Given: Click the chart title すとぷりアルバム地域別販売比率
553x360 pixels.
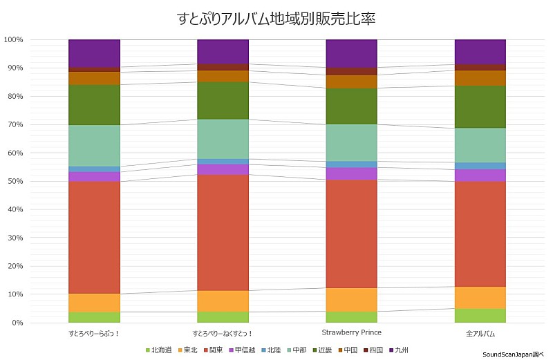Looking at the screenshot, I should (276, 18).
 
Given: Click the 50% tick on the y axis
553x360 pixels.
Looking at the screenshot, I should (15, 181).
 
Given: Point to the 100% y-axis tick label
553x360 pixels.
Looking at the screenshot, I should (13, 39).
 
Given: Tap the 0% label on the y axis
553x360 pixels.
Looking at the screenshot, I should (17, 323).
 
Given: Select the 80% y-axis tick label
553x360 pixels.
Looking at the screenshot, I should (15, 96).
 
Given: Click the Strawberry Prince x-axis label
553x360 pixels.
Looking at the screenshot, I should (351, 333).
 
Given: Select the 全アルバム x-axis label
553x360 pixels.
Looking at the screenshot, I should (480, 334).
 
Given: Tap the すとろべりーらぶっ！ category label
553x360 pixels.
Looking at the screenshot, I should (94, 334).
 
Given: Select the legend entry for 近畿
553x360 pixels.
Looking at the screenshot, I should (322, 350).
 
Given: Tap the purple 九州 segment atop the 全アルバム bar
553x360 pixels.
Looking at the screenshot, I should (480, 52).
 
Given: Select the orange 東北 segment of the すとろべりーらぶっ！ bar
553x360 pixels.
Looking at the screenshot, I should (94, 303).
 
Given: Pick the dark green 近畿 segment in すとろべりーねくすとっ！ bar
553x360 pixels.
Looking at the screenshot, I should (223, 100).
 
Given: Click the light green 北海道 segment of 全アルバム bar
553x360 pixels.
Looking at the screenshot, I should (480, 316).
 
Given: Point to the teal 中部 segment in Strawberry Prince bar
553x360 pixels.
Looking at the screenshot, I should (351, 142).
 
